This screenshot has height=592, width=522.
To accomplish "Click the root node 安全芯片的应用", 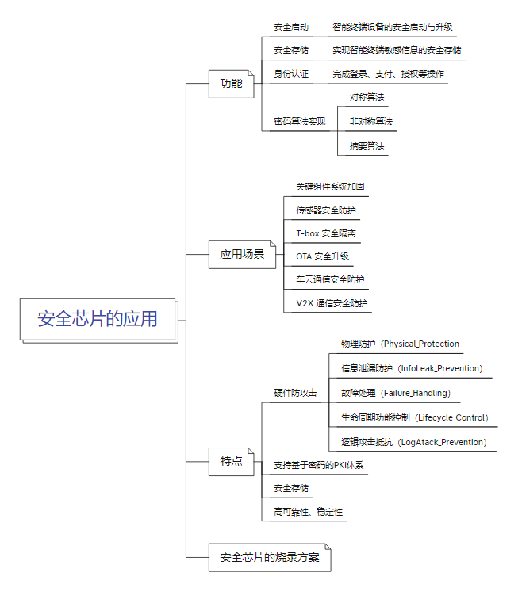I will pos(98,319).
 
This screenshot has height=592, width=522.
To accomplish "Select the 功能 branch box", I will pos(231,83).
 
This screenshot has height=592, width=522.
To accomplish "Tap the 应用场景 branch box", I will pos(242,255).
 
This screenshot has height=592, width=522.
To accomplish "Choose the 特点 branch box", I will pos(231,461).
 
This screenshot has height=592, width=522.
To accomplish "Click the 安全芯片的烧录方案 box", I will pos(270,557).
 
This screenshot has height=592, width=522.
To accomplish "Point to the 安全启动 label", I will pos(291,27).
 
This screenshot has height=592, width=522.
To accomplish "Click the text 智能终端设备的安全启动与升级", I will pos(393,27).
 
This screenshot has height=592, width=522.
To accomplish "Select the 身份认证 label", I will pos(291,75).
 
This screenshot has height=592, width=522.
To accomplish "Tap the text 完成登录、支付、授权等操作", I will pos(388,75).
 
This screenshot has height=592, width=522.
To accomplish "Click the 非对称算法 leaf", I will pos(371,121).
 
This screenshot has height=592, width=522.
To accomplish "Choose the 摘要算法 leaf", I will pos(367,146).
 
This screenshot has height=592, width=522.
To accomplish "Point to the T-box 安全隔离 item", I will pos(326,233).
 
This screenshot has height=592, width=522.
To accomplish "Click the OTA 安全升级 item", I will pos(322,256).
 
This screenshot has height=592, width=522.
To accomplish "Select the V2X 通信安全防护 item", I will pos(332,303).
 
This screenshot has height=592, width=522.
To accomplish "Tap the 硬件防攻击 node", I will pos(295,393).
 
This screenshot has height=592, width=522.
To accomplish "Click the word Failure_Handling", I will pos(416,393).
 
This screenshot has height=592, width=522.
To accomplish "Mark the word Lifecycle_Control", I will pos(452,417).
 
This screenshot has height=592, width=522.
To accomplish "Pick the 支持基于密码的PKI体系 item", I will pos(318,465).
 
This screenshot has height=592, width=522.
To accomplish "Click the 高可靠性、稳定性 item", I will pos(308,512).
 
